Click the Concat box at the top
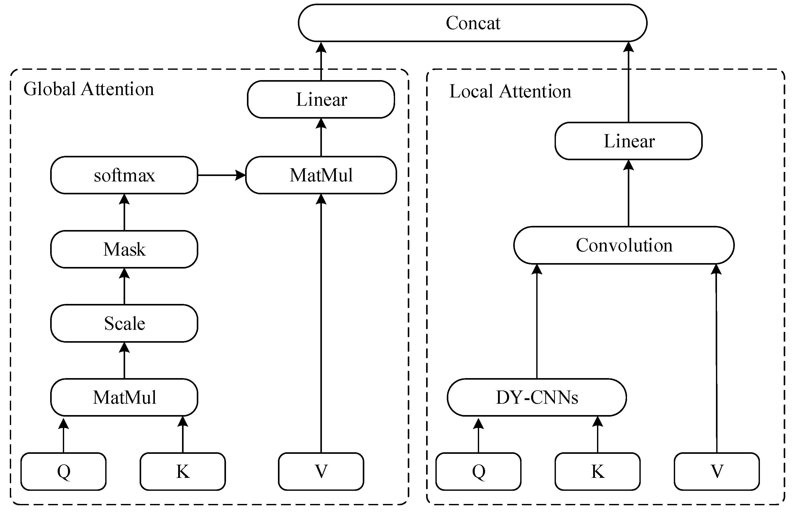[x=472, y=23]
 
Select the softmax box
[x=124, y=175]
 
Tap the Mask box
[x=124, y=249]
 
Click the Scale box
[x=124, y=323]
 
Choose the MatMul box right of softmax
[x=321, y=175]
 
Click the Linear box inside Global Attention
[x=321, y=99]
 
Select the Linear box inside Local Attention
[x=628, y=141]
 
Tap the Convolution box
[x=624, y=245]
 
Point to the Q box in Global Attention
[x=64, y=471]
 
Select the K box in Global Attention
[x=183, y=471]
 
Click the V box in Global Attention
[x=321, y=471]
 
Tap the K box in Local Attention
[x=598, y=471]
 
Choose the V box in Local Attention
[x=717, y=471]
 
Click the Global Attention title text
[x=89, y=89]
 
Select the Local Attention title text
[x=510, y=91]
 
